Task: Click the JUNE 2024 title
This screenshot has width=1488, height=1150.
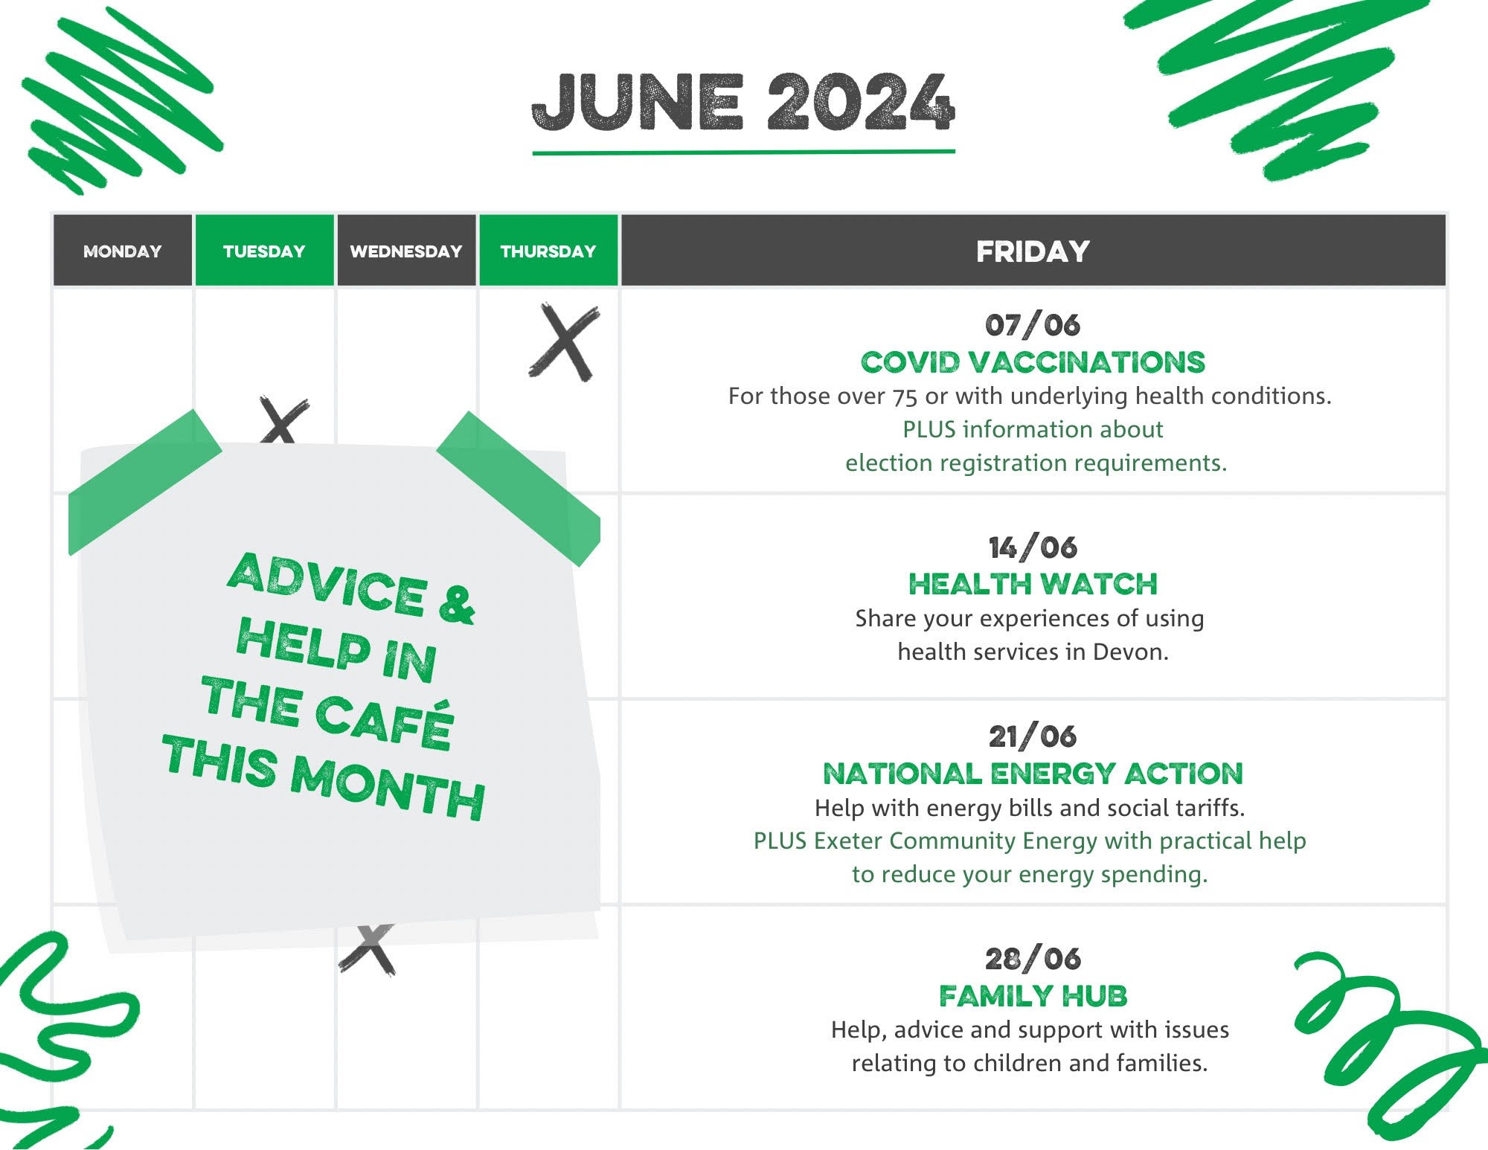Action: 743,103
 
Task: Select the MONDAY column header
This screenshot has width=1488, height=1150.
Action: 123,251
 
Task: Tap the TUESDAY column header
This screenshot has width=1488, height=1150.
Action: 264,251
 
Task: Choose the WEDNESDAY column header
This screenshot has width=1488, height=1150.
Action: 406,251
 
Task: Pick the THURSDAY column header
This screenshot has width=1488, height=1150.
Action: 548,251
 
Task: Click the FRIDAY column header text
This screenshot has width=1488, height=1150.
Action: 1033,251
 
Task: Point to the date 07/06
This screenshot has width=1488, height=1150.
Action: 1033,325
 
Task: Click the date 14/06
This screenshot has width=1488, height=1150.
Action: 1033,547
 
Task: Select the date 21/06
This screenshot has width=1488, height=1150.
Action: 1033,736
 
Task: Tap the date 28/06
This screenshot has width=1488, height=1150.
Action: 1033,959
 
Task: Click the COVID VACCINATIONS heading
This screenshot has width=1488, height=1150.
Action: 1033,362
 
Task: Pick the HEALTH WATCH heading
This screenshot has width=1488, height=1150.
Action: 1033,584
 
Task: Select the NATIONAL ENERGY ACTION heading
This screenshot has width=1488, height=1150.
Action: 1033,774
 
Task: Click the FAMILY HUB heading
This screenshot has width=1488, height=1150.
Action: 1033,995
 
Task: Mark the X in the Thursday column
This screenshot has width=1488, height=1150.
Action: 565,342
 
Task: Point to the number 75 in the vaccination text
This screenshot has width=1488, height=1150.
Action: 905,396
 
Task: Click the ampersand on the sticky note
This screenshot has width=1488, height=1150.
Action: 456,605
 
